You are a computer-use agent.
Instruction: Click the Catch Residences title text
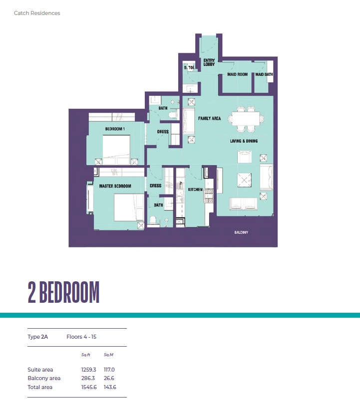point(37,13)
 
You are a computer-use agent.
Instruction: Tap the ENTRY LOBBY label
point(209,62)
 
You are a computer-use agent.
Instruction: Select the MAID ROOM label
point(238,74)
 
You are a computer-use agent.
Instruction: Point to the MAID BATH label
point(264,74)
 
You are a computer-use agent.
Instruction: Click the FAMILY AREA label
point(209,119)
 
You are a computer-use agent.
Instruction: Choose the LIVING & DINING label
point(244,141)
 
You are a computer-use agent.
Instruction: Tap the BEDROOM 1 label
point(115,129)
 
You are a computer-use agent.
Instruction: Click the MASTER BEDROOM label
point(115,186)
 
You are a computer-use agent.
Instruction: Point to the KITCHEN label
point(195,190)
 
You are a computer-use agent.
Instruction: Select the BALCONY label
point(241,233)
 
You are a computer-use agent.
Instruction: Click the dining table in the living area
point(246,119)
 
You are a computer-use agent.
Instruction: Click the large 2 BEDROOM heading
point(63,293)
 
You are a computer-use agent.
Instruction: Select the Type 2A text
point(38,337)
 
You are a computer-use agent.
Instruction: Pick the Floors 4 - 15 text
point(81,337)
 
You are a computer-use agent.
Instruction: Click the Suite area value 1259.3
point(88,370)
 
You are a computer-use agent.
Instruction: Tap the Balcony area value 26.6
point(109,379)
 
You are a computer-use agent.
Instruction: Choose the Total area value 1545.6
point(88,387)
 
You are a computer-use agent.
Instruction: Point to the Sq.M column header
point(108,355)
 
